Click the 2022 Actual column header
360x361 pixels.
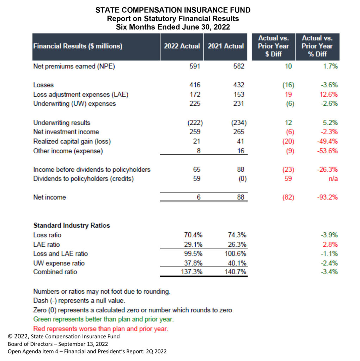pos(182,46)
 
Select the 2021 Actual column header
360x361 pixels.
pos(226,46)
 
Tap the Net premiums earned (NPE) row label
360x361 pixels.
pos(74,67)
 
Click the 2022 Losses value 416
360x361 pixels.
pos(195,85)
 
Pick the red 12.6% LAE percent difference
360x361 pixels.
pos(329,94)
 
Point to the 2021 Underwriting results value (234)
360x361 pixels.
pos(239,123)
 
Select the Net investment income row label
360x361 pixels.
pos(66,132)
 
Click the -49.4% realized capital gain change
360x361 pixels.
pos(328,141)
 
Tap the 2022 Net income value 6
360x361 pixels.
pos(199,197)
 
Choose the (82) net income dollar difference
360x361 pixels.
pos(288,197)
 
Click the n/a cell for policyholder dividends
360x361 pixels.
pos(333,179)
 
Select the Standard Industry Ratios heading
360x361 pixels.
pos(72,225)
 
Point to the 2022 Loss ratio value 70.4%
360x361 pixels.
pos(193,235)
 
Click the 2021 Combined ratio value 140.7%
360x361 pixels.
pos(236,272)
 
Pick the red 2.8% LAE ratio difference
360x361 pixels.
pos(330,245)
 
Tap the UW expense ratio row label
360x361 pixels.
pos(59,263)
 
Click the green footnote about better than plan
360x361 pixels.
pos(103,319)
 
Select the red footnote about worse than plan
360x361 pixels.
pos(100,329)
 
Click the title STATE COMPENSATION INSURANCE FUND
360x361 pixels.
pos(173,10)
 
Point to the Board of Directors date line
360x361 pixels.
pos(58,344)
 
